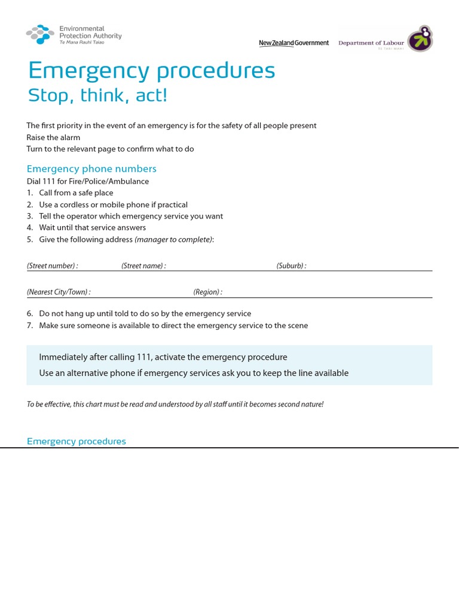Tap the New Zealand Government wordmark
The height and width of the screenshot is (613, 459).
pyautogui.click(x=293, y=43)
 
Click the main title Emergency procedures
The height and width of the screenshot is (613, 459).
pyautogui.click(x=151, y=71)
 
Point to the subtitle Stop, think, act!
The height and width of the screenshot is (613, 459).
pyautogui.click(x=97, y=95)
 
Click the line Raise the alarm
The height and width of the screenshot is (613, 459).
pyautogui.click(x=53, y=137)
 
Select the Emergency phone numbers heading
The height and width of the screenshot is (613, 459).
pyautogui.click(x=91, y=169)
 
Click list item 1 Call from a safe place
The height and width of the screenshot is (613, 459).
pyautogui.click(x=76, y=193)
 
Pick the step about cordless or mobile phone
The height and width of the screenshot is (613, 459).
pyautogui.click(x=113, y=205)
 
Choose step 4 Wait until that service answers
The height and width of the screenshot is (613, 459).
pyautogui.click(x=92, y=227)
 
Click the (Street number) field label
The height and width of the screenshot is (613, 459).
pyautogui.click(x=53, y=266)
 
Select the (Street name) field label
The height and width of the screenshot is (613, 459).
pyautogui.click(x=143, y=266)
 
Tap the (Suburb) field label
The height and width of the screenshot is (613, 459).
pyautogui.click(x=291, y=266)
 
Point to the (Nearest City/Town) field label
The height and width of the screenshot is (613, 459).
pyautogui.click(x=59, y=292)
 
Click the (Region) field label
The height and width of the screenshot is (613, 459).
pyautogui.click(x=207, y=292)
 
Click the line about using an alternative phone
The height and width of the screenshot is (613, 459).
pyautogui.click(x=194, y=373)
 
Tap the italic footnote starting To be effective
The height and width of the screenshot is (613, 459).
pyautogui.click(x=175, y=405)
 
